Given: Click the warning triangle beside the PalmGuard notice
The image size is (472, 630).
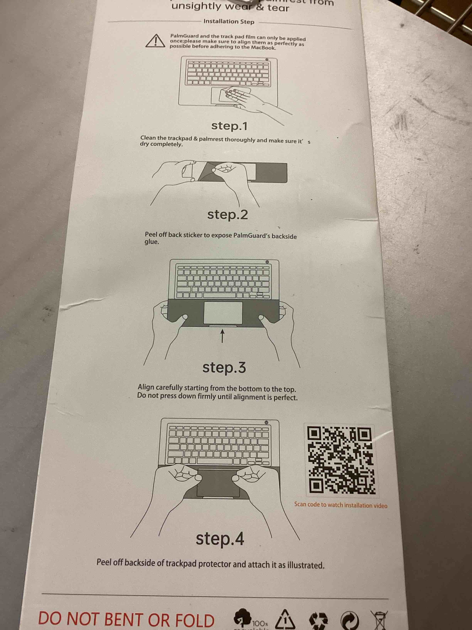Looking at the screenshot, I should (x=155, y=41).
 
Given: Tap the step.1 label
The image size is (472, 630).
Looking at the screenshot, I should (x=229, y=126).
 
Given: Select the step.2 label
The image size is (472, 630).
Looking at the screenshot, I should (x=227, y=214).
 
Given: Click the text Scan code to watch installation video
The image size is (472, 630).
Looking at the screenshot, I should (x=341, y=505).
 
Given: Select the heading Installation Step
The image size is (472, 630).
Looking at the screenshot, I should (x=229, y=22).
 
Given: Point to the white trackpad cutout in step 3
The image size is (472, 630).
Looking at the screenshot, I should (x=223, y=313).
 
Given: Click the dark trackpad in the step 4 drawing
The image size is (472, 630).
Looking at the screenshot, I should (x=218, y=483).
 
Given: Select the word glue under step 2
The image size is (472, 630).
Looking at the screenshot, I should (x=152, y=242).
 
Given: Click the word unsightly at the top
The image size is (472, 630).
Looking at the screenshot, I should (x=196, y=6).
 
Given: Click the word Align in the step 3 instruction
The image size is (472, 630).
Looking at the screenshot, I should (x=146, y=387).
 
